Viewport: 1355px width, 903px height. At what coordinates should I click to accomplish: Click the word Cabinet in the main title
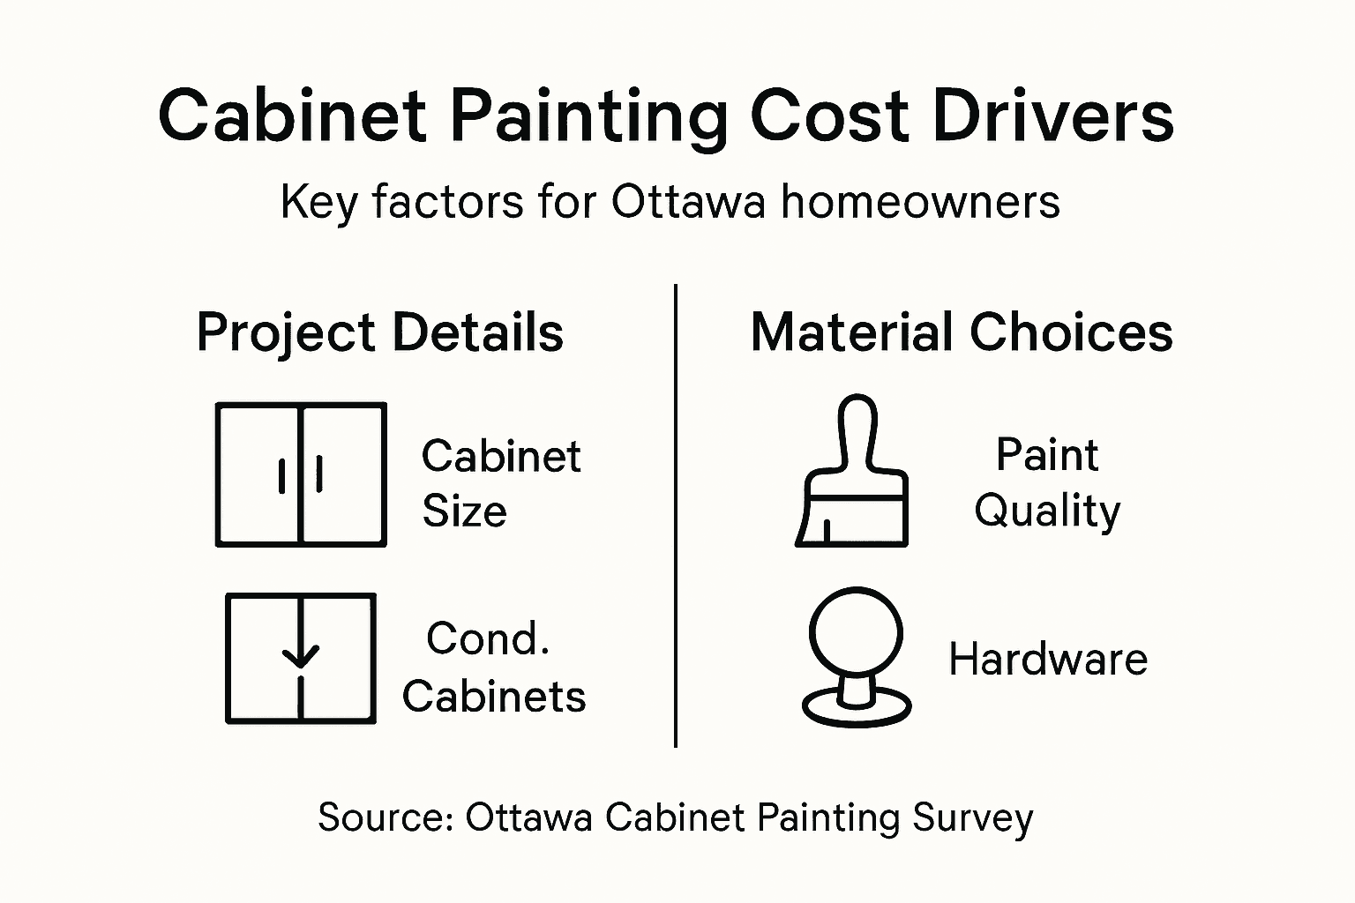click(x=292, y=116)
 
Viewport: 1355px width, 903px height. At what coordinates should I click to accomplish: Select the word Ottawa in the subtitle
click(x=688, y=202)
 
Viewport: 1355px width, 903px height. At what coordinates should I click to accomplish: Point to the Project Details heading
click(x=379, y=332)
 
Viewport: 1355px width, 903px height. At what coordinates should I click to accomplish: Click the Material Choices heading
click(x=962, y=332)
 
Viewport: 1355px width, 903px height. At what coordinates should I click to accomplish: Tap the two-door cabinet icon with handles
click(x=301, y=474)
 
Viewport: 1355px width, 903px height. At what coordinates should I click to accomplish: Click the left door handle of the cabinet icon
click(x=281, y=475)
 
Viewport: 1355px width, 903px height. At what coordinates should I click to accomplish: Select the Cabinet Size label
click(x=500, y=483)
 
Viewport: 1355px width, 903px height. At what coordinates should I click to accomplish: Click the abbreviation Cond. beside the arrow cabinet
click(x=488, y=638)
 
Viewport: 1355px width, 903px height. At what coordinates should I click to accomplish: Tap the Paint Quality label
click(x=1047, y=482)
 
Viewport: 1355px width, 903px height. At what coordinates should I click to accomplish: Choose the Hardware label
click(x=1048, y=659)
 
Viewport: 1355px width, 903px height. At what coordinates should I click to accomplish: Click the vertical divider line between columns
click(x=676, y=516)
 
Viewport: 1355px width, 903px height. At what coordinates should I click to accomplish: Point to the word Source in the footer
click(x=385, y=817)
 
